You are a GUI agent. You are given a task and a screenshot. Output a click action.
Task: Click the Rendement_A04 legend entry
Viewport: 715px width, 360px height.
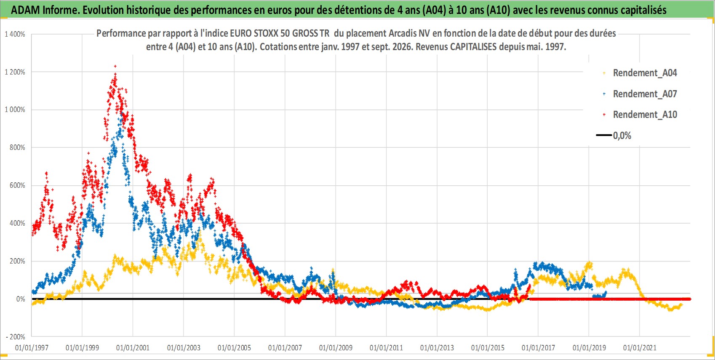click(640, 73)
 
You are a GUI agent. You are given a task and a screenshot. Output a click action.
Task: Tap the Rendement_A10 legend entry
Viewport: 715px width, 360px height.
click(640, 115)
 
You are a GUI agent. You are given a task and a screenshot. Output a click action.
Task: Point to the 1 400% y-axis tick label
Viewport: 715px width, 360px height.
click(15, 34)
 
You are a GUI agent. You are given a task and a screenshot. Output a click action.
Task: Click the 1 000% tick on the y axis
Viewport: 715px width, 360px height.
click(15, 110)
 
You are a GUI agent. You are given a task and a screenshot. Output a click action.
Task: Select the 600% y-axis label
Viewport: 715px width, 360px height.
click(17, 185)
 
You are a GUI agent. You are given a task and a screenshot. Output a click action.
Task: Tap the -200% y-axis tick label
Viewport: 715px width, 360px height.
click(16, 337)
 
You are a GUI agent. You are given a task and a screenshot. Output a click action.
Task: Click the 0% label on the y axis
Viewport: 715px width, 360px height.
click(21, 299)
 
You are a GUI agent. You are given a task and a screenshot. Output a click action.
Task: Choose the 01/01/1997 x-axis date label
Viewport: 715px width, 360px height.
click(32, 347)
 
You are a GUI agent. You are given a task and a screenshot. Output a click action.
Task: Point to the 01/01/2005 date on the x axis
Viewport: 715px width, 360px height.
click(234, 347)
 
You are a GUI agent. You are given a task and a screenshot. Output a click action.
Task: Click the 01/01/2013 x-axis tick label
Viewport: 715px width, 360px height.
click(437, 347)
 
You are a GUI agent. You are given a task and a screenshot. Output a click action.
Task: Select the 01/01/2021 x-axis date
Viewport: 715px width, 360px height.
click(640, 347)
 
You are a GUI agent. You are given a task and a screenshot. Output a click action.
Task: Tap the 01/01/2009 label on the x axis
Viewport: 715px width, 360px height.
click(336, 347)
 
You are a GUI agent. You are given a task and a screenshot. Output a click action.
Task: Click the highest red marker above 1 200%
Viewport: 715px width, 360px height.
click(115, 67)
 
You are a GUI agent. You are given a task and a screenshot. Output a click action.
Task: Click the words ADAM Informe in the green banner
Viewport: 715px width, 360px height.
click(45, 10)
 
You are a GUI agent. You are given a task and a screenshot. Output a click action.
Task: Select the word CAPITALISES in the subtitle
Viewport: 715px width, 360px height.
click(473, 47)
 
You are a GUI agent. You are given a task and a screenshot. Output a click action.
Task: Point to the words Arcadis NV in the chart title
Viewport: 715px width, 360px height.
click(410, 34)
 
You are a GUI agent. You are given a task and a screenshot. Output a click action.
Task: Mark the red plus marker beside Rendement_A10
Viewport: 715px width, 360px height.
click(604, 115)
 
